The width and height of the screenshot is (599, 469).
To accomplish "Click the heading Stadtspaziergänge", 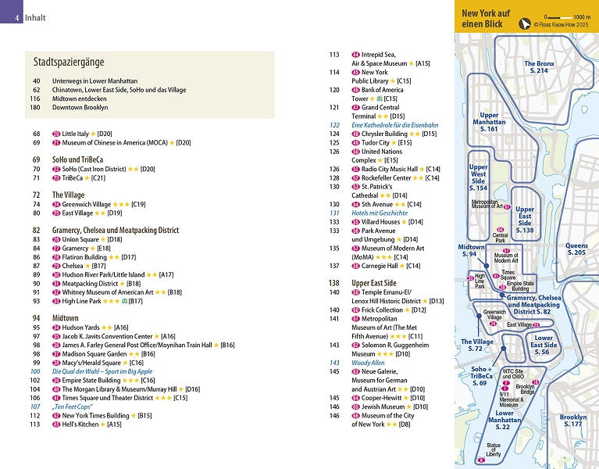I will pos(69,62).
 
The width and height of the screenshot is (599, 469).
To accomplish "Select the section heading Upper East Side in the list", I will pos(374,283).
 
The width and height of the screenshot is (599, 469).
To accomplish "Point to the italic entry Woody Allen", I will pos(369,363).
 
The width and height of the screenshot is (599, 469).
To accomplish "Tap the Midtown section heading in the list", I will pos(66,318).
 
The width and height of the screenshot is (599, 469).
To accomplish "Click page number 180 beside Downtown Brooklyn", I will pos(36,107).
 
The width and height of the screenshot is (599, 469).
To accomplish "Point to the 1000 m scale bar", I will pos(566,16).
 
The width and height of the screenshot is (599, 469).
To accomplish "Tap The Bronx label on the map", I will pos(539,67).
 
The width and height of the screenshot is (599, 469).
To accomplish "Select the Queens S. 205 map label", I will pos(576,249).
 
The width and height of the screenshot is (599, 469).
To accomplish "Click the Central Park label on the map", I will pos(501,238).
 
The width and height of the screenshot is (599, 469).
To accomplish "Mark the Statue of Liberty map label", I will pos(494,450).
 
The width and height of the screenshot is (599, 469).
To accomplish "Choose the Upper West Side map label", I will pos(478,178).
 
